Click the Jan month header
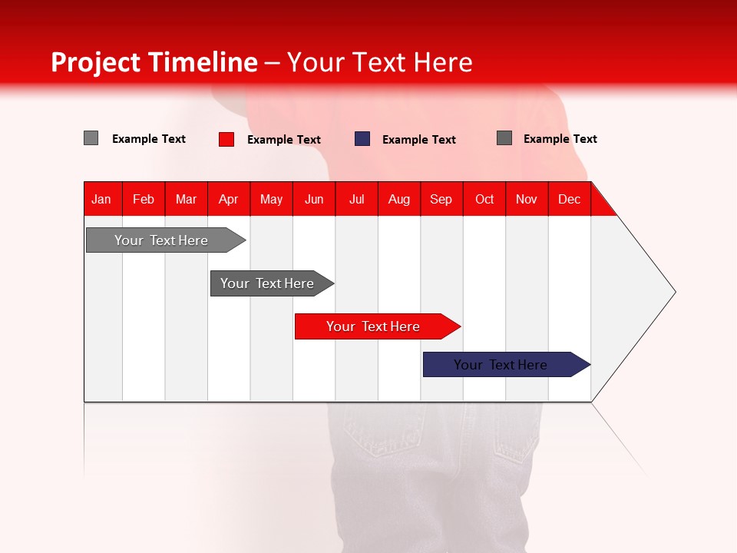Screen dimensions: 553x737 101,199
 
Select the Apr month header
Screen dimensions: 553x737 228,199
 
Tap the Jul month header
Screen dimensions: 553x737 356,199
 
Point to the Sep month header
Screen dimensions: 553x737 441,199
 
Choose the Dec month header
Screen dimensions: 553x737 569,199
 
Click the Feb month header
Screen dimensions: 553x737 144,199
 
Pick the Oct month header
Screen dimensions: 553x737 484,199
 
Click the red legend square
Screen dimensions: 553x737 226,139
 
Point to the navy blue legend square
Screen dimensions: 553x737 362,139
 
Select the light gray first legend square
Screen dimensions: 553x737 91,138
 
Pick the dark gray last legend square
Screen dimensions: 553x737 504,138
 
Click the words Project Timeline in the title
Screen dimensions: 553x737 154,62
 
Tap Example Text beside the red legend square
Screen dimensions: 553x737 284,140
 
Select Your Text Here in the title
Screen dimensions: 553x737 380,62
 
